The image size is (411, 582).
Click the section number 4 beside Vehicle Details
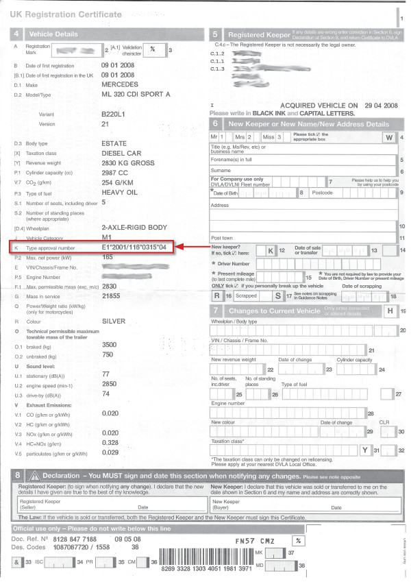pyautogui.click(x=16, y=33)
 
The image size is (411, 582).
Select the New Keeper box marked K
pyautogui.click(x=271, y=251)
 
